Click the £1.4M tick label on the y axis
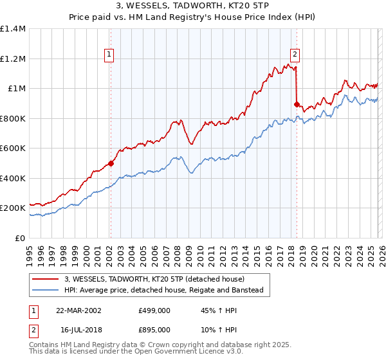click(13, 29)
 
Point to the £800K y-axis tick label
click(13, 118)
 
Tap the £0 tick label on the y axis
click(20, 238)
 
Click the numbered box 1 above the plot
click(110, 55)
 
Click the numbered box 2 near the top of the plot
click(295, 55)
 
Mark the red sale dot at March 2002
click(111, 163)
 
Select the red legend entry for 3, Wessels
click(154, 279)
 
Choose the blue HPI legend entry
click(163, 291)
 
